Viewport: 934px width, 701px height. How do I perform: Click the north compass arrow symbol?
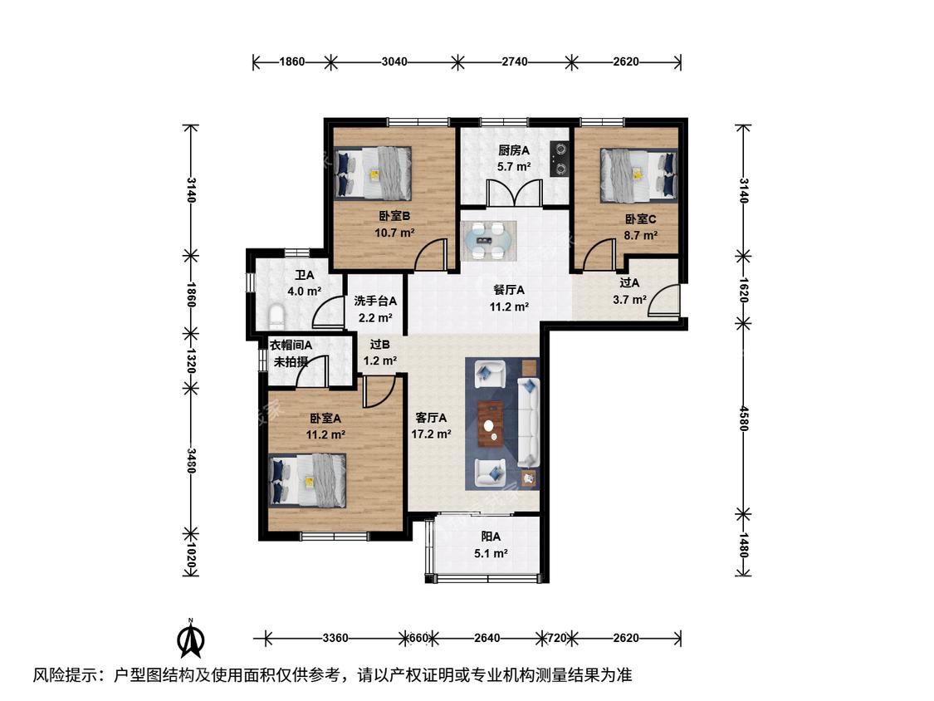(191, 639)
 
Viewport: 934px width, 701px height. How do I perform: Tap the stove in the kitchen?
(560, 159)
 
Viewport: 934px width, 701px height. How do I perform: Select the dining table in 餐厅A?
(488, 241)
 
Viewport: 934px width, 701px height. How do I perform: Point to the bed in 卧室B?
(373, 173)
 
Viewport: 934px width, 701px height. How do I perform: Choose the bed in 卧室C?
(638, 174)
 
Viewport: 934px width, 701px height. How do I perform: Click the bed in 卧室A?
(307, 480)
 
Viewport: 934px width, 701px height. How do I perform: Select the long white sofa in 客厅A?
(528, 422)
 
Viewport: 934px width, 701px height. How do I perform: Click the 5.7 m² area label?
(514, 167)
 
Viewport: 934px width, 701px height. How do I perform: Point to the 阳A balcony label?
(491, 537)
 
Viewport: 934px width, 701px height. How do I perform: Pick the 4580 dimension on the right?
(743, 418)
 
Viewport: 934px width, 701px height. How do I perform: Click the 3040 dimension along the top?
(394, 61)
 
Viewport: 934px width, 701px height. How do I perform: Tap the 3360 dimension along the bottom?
(335, 639)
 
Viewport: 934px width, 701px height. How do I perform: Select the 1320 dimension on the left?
(191, 360)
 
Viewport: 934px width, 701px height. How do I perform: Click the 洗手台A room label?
(375, 301)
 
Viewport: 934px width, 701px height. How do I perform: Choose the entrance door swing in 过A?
(663, 299)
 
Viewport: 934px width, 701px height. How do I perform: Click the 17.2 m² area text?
(431, 434)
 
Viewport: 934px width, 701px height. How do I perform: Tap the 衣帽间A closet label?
(291, 346)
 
